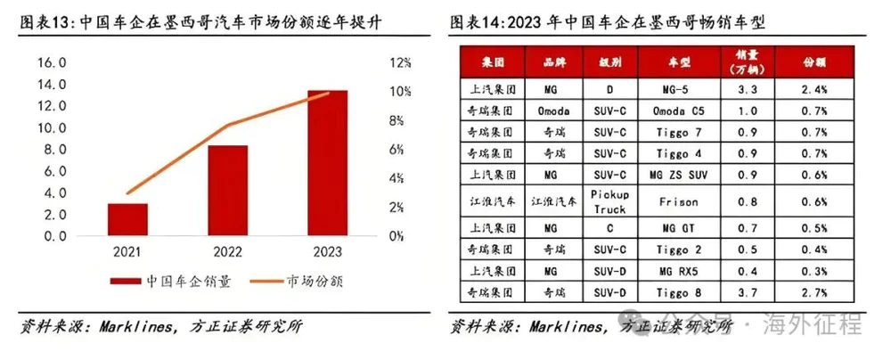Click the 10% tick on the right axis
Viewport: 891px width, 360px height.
click(398, 92)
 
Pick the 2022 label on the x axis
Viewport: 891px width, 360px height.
click(228, 252)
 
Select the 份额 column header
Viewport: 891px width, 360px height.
click(815, 63)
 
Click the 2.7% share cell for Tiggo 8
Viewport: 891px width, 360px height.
click(815, 291)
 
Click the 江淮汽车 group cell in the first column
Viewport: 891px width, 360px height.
click(490, 200)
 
